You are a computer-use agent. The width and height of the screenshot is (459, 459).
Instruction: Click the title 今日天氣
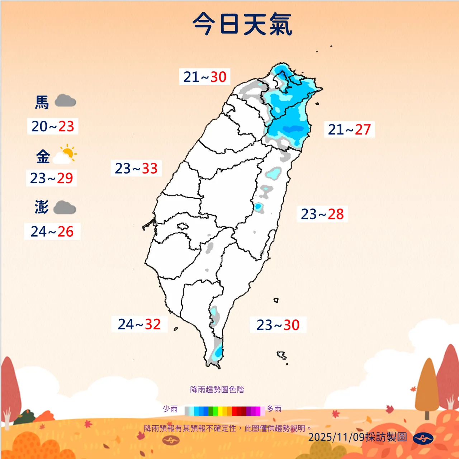click(x=242, y=24)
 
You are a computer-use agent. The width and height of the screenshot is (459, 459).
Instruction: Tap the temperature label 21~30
click(x=205, y=77)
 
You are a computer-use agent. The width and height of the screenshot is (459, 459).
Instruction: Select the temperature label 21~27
click(x=349, y=129)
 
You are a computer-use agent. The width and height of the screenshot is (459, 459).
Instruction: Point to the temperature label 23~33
click(x=136, y=168)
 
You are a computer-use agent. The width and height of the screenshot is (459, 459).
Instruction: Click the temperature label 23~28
click(x=322, y=214)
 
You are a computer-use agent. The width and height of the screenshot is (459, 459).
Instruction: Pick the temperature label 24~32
click(x=139, y=324)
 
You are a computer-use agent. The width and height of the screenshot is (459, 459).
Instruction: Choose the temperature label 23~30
click(x=278, y=325)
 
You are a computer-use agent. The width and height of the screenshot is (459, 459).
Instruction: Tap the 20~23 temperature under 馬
click(x=53, y=126)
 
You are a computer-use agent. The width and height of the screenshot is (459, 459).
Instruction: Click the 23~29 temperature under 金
click(x=51, y=178)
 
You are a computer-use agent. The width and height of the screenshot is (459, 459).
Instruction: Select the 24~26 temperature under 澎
click(x=52, y=232)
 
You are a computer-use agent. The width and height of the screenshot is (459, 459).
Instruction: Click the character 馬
click(x=42, y=102)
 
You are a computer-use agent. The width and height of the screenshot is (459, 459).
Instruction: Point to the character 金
click(x=43, y=157)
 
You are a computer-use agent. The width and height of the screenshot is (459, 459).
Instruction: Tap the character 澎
click(x=42, y=207)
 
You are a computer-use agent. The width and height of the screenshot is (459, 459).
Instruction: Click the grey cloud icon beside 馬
click(x=65, y=101)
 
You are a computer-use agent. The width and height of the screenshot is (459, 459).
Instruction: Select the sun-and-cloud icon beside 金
click(x=65, y=155)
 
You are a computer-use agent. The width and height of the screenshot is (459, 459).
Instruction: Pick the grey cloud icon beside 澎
click(x=65, y=207)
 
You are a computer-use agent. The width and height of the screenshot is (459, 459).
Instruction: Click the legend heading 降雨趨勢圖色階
click(x=217, y=390)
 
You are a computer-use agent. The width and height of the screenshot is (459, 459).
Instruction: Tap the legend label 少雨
click(x=170, y=409)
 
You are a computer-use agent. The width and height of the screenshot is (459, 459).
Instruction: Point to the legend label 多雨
click(x=274, y=409)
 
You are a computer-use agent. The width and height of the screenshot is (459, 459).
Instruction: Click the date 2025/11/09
click(x=336, y=437)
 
